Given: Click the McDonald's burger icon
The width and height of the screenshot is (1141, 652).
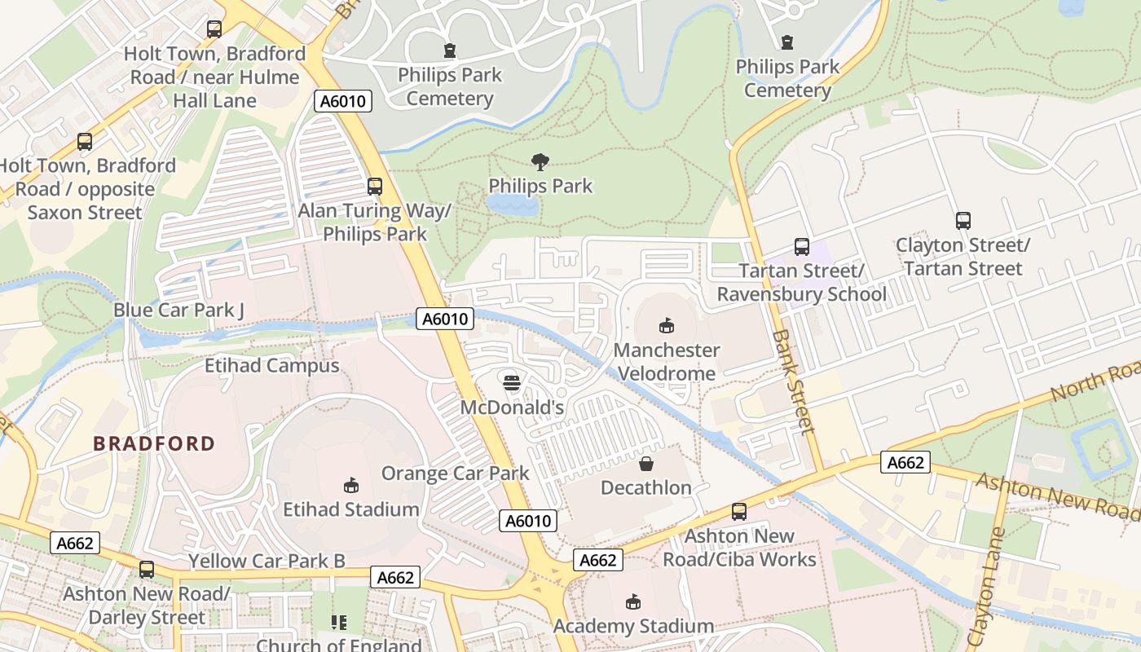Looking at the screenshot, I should tap(511, 382).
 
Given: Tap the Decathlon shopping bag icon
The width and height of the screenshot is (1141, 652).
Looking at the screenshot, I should tap(645, 464).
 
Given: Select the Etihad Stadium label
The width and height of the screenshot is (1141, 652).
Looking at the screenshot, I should tap(350, 509).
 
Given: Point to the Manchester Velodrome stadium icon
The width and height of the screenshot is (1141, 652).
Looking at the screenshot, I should tap(667, 325).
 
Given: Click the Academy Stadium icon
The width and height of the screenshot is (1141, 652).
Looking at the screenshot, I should tap(632, 602).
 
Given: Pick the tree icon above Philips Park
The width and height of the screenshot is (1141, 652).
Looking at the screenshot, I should tap(540, 162).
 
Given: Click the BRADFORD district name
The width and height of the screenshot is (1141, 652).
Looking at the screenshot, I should tap(154, 444).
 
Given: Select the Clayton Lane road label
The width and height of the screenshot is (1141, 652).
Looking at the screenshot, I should tap(985, 586).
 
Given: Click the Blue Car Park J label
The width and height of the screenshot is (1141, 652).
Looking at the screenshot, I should tap(178, 310).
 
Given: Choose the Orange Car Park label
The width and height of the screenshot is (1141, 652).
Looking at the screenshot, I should tap(455, 473).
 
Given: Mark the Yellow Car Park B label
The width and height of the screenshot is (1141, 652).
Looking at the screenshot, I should tap(267, 561).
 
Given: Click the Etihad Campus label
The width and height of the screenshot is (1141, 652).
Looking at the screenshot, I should tap(271, 366).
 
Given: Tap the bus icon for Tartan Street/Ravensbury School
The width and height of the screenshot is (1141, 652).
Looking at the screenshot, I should tap(802, 246).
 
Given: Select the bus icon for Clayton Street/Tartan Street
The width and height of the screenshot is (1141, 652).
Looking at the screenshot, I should tap(963, 220).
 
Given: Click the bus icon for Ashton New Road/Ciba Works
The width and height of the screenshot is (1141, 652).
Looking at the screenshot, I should tap(739, 511).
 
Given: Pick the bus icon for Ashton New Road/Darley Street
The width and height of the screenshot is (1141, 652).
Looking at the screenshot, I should tap(147, 569).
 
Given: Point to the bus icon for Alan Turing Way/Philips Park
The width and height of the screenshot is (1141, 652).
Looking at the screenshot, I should tap(375, 186).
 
